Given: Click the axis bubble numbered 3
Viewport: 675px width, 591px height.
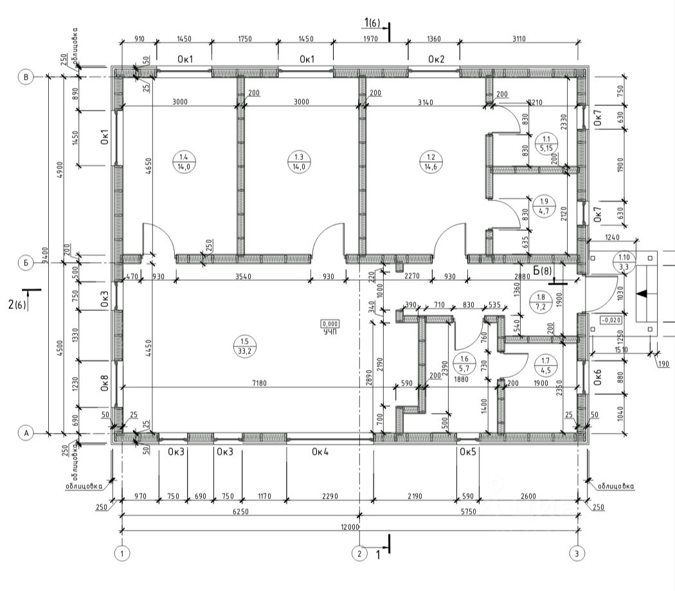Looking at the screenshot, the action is pos(577,552).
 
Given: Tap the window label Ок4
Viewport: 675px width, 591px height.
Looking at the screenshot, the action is pos(320,452).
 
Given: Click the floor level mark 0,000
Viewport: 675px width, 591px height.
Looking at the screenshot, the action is pos(330,324).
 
